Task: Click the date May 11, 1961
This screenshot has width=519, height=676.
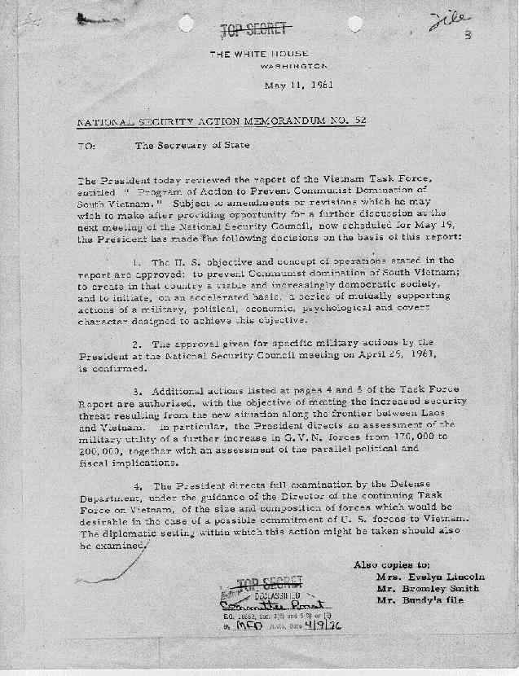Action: point(299,85)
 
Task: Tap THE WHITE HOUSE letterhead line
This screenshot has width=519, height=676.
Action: point(259,53)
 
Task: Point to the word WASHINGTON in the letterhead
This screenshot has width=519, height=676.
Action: point(295,65)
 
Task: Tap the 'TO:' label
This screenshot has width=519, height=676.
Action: point(87,146)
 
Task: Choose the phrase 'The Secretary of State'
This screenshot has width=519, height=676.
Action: point(192,146)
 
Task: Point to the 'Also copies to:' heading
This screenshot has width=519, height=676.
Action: point(392,564)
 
